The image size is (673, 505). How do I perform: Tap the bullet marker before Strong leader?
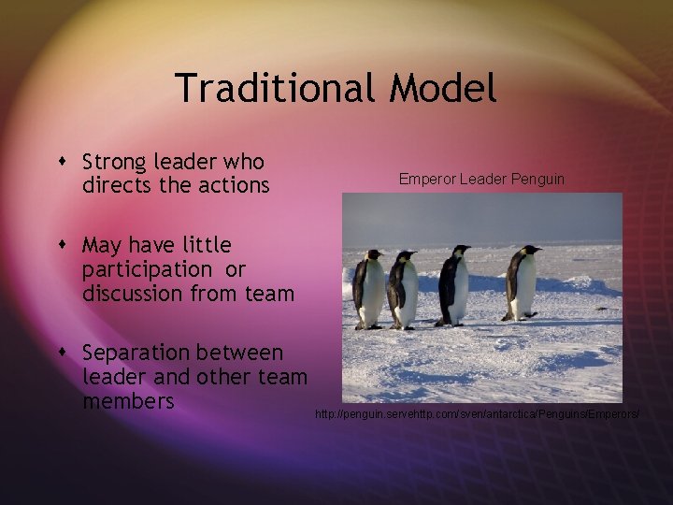pos(65,162)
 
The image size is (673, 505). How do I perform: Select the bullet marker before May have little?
pos(65,246)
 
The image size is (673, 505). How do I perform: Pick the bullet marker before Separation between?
pos(65,353)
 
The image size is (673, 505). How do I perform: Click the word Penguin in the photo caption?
pos(537,178)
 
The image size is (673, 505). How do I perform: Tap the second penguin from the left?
pos(403,290)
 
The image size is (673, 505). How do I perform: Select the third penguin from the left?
pos(454,284)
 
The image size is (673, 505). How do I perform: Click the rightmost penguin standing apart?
pos(522,282)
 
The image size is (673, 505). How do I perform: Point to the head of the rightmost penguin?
pos(530,251)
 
